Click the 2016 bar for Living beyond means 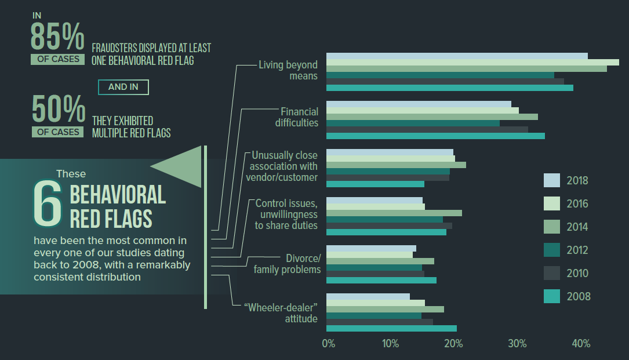coord(472,63)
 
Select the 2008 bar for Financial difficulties coord(435,136)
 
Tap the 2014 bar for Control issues coord(394,213)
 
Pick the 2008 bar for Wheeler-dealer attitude coord(391,328)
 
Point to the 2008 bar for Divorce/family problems coord(381,281)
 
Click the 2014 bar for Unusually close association coord(396,165)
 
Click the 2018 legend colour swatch coord(551,180)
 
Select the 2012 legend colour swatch coord(551,250)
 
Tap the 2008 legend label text coord(579,297)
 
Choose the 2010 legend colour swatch coord(551,273)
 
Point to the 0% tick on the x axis coord(328,344)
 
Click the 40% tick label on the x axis coord(581,344)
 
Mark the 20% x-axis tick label coord(453,344)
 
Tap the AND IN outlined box coord(123,87)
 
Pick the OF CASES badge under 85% coord(58,59)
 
